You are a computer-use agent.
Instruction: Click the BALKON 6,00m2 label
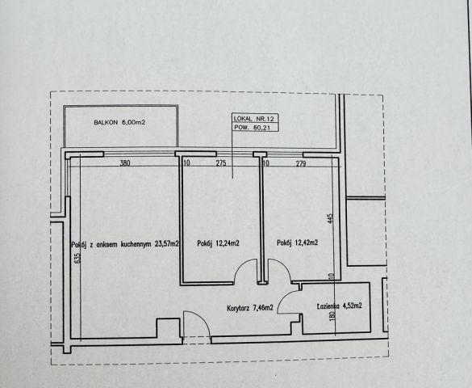[119, 122]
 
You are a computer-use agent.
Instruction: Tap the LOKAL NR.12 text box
[255, 118]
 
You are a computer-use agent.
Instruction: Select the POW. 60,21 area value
[252, 128]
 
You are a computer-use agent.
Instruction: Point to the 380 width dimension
[125, 163]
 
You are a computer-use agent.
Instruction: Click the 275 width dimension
[221, 163]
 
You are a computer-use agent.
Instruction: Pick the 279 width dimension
[301, 164]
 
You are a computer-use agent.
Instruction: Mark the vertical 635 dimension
[77, 258]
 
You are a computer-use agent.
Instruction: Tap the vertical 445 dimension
[330, 218]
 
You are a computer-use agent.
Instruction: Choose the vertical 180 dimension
[332, 316]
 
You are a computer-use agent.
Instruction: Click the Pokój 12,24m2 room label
[218, 243]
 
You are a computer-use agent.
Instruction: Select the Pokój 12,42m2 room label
[298, 242]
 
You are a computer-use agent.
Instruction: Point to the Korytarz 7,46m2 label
[250, 308]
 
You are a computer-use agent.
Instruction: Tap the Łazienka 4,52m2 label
[339, 306]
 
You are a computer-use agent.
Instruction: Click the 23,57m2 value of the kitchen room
[167, 244]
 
